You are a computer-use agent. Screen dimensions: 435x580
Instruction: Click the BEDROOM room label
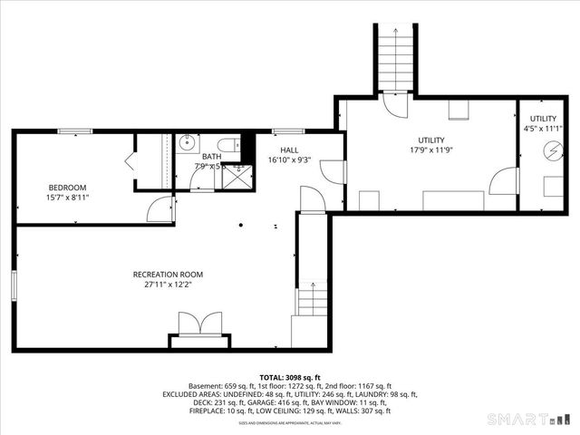[x=68, y=188]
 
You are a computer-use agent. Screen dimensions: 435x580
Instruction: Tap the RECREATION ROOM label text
[x=168, y=275]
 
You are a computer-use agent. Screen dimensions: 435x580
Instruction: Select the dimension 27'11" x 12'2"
[x=168, y=285]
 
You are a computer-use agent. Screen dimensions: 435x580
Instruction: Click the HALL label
[x=289, y=150]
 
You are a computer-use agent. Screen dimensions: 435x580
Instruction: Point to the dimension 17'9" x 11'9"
[x=430, y=150]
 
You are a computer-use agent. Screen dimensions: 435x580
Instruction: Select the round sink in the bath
[x=186, y=142]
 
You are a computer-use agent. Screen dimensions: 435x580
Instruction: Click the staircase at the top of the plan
[x=396, y=59]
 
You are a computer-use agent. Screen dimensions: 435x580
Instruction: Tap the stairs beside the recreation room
[x=311, y=299]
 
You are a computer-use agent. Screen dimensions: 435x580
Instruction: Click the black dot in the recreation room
[x=241, y=225]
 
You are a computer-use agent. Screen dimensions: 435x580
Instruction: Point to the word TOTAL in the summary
[x=272, y=377]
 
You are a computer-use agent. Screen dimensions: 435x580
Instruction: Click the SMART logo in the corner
[x=530, y=419]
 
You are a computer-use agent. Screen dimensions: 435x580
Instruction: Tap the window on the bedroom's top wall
[x=71, y=132]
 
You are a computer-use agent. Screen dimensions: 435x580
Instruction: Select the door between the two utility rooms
[x=501, y=181]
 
